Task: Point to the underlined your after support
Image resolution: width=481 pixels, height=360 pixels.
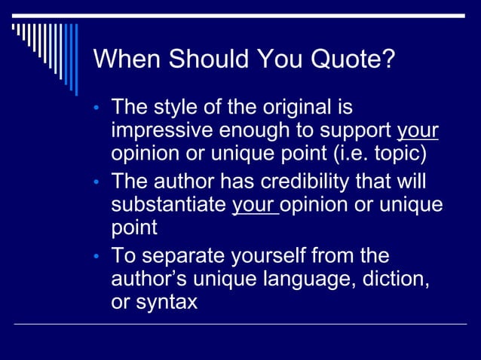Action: click(x=418, y=130)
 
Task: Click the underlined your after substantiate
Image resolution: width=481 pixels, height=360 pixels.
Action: click(x=254, y=204)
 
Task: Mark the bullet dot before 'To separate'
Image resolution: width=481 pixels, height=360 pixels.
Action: click(x=97, y=257)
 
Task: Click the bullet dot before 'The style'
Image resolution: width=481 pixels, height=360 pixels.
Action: click(x=97, y=109)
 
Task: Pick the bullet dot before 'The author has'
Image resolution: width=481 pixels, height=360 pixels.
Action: click(x=97, y=183)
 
